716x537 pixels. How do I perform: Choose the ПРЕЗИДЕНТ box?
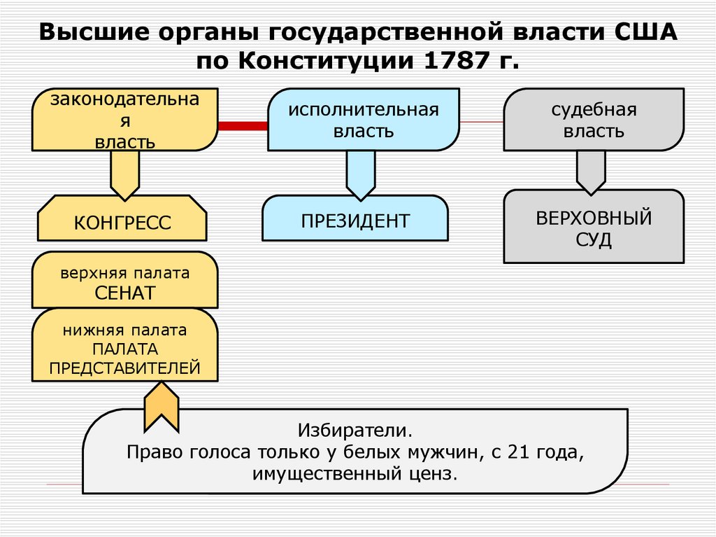click(x=355, y=221)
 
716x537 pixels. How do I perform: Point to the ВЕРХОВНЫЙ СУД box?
click(x=594, y=228)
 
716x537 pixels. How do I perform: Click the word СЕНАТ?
click(x=124, y=293)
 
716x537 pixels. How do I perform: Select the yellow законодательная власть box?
click(x=124, y=120)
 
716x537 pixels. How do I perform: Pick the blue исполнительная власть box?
click(x=364, y=120)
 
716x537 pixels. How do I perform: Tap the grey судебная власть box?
click(x=594, y=120)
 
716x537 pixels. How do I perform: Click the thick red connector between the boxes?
click(x=243, y=126)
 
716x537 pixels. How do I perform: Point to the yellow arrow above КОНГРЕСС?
click(x=125, y=175)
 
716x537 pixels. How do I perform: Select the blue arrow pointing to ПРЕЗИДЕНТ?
click(x=361, y=175)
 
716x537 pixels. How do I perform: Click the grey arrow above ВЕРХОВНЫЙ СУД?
click(x=591, y=172)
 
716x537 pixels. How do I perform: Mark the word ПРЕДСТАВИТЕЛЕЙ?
click(x=124, y=368)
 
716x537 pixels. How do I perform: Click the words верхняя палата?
click(x=124, y=273)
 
